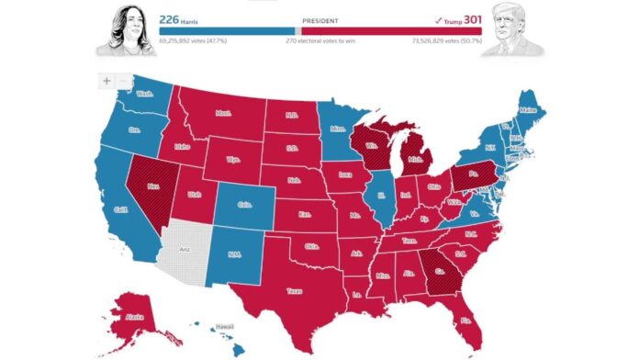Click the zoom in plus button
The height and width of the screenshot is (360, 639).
click(106, 80)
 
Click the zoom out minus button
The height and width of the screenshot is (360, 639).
click(125, 80)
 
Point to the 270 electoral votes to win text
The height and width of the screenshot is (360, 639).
click(319, 41)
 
